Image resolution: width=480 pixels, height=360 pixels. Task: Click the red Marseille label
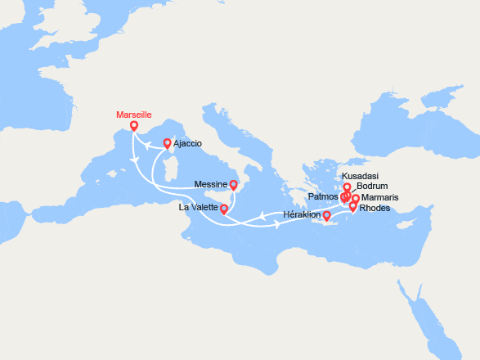point(133,115)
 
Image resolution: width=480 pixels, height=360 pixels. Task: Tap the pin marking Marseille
point(134,127)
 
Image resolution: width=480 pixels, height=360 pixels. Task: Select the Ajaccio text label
point(188,143)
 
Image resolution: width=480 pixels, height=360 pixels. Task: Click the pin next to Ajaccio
point(168,143)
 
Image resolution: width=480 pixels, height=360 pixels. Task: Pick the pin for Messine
point(233,186)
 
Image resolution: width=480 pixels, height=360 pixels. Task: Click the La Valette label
point(198,208)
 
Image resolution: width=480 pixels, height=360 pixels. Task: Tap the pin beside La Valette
point(224,209)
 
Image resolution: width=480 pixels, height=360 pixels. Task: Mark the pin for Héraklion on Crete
point(327,216)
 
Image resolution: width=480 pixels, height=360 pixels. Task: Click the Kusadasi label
point(360,176)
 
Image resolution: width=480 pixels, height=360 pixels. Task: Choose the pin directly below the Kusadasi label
point(347,188)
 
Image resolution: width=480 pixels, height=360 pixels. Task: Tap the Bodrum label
point(372,187)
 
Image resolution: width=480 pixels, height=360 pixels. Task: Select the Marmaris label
point(380,197)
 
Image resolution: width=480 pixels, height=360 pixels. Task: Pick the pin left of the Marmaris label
point(355,199)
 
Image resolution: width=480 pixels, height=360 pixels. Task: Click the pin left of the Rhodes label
point(352,207)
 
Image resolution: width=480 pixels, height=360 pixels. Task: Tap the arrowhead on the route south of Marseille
point(135,164)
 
